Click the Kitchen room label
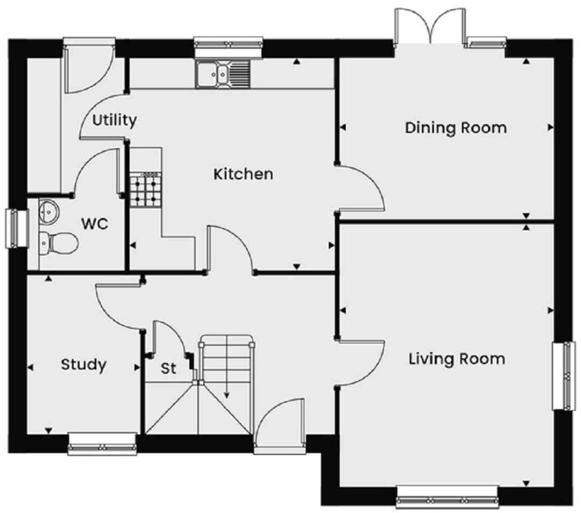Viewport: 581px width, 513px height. [243, 174]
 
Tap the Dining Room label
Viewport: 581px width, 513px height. [456, 128]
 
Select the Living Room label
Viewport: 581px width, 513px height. [457, 359]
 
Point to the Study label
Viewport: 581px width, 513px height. [83, 365]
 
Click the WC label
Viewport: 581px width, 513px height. [95, 224]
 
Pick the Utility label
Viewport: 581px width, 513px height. [115, 121]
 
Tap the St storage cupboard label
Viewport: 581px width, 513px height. [168, 368]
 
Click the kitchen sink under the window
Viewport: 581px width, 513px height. [223, 74]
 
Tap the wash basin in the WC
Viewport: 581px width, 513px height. [48, 212]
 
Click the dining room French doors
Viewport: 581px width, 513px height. [430, 26]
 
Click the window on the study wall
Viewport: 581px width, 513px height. [103, 444]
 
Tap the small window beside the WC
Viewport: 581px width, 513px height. [17, 228]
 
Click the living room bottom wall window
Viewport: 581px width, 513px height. [447, 497]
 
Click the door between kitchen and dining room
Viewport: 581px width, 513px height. [360, 189]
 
